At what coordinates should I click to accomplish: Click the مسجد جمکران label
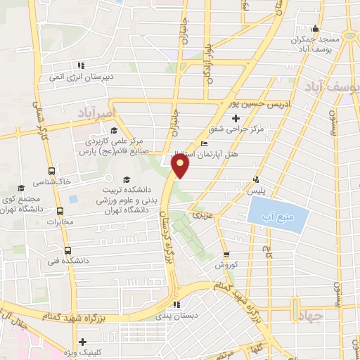pyautogui.click(x=316, y=40)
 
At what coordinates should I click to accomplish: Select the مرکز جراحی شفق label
pyautogui.click(x=236, y=129)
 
